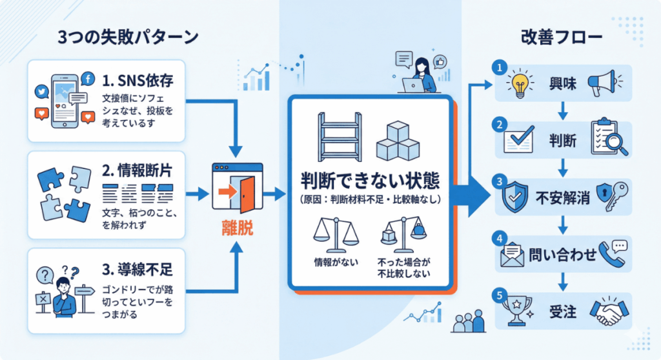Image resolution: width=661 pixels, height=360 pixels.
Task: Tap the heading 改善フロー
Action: [x=562, y=37]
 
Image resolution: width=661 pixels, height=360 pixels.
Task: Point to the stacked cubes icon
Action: [x=398, y=140]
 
